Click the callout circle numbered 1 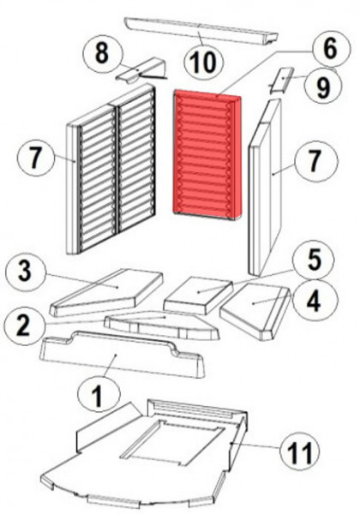(x=99, y=394)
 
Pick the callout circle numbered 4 (x=313, y=301)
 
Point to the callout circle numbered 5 (x=314, y=260)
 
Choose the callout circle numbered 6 (x=330, y=50)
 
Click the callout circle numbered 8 (x=102, y=54)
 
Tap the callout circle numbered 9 (x=323, y=87)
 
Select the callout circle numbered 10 (x=204, y=63)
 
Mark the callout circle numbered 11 (x=300, y=452)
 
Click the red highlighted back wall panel (x=208, y=155)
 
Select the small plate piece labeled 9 (x=282, y=80)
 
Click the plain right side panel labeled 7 (x=265, y=187)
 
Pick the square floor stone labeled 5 (x=199, y=295)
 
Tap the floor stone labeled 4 (x=255, y=310)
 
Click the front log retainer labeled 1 (x=122, y=354)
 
